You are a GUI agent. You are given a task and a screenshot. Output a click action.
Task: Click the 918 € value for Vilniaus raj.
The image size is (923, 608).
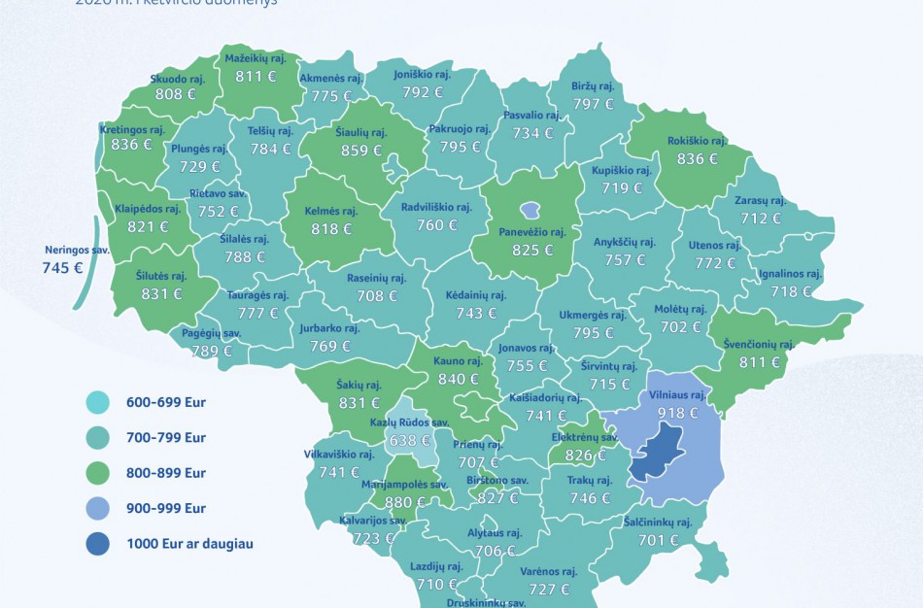(678, 413)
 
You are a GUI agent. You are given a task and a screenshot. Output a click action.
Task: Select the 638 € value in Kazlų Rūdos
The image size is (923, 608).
(410, 440)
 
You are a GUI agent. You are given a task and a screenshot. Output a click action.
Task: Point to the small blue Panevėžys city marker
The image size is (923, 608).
(530, 210)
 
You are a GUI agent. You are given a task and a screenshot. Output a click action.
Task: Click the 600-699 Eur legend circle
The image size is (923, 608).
(98, 402)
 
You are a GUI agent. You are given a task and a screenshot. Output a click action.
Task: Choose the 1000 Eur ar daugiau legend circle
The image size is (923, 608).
(98, 544)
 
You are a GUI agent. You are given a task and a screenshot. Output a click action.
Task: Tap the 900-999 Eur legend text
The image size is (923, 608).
(165, 508)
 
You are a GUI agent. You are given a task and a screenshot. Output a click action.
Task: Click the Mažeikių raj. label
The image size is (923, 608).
(254, 58)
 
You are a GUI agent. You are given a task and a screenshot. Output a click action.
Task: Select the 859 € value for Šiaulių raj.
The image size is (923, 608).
(361, 151)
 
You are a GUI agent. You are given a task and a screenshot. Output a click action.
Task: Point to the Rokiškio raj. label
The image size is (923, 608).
(697, 141)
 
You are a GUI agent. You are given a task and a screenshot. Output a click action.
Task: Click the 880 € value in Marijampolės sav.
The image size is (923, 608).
(405, 502)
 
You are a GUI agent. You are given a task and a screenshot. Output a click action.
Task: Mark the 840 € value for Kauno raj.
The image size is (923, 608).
(458, 379)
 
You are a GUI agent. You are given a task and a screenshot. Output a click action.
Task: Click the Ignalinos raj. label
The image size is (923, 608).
(789, 274)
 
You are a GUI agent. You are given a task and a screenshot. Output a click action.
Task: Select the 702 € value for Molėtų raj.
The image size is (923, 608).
(680, 327)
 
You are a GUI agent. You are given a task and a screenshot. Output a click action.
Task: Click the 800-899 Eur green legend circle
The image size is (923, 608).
(98, 473)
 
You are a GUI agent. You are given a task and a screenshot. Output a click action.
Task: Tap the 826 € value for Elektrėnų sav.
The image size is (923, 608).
(585, 456)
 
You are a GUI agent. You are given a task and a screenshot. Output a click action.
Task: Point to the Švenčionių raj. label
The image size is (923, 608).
(759, 344)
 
